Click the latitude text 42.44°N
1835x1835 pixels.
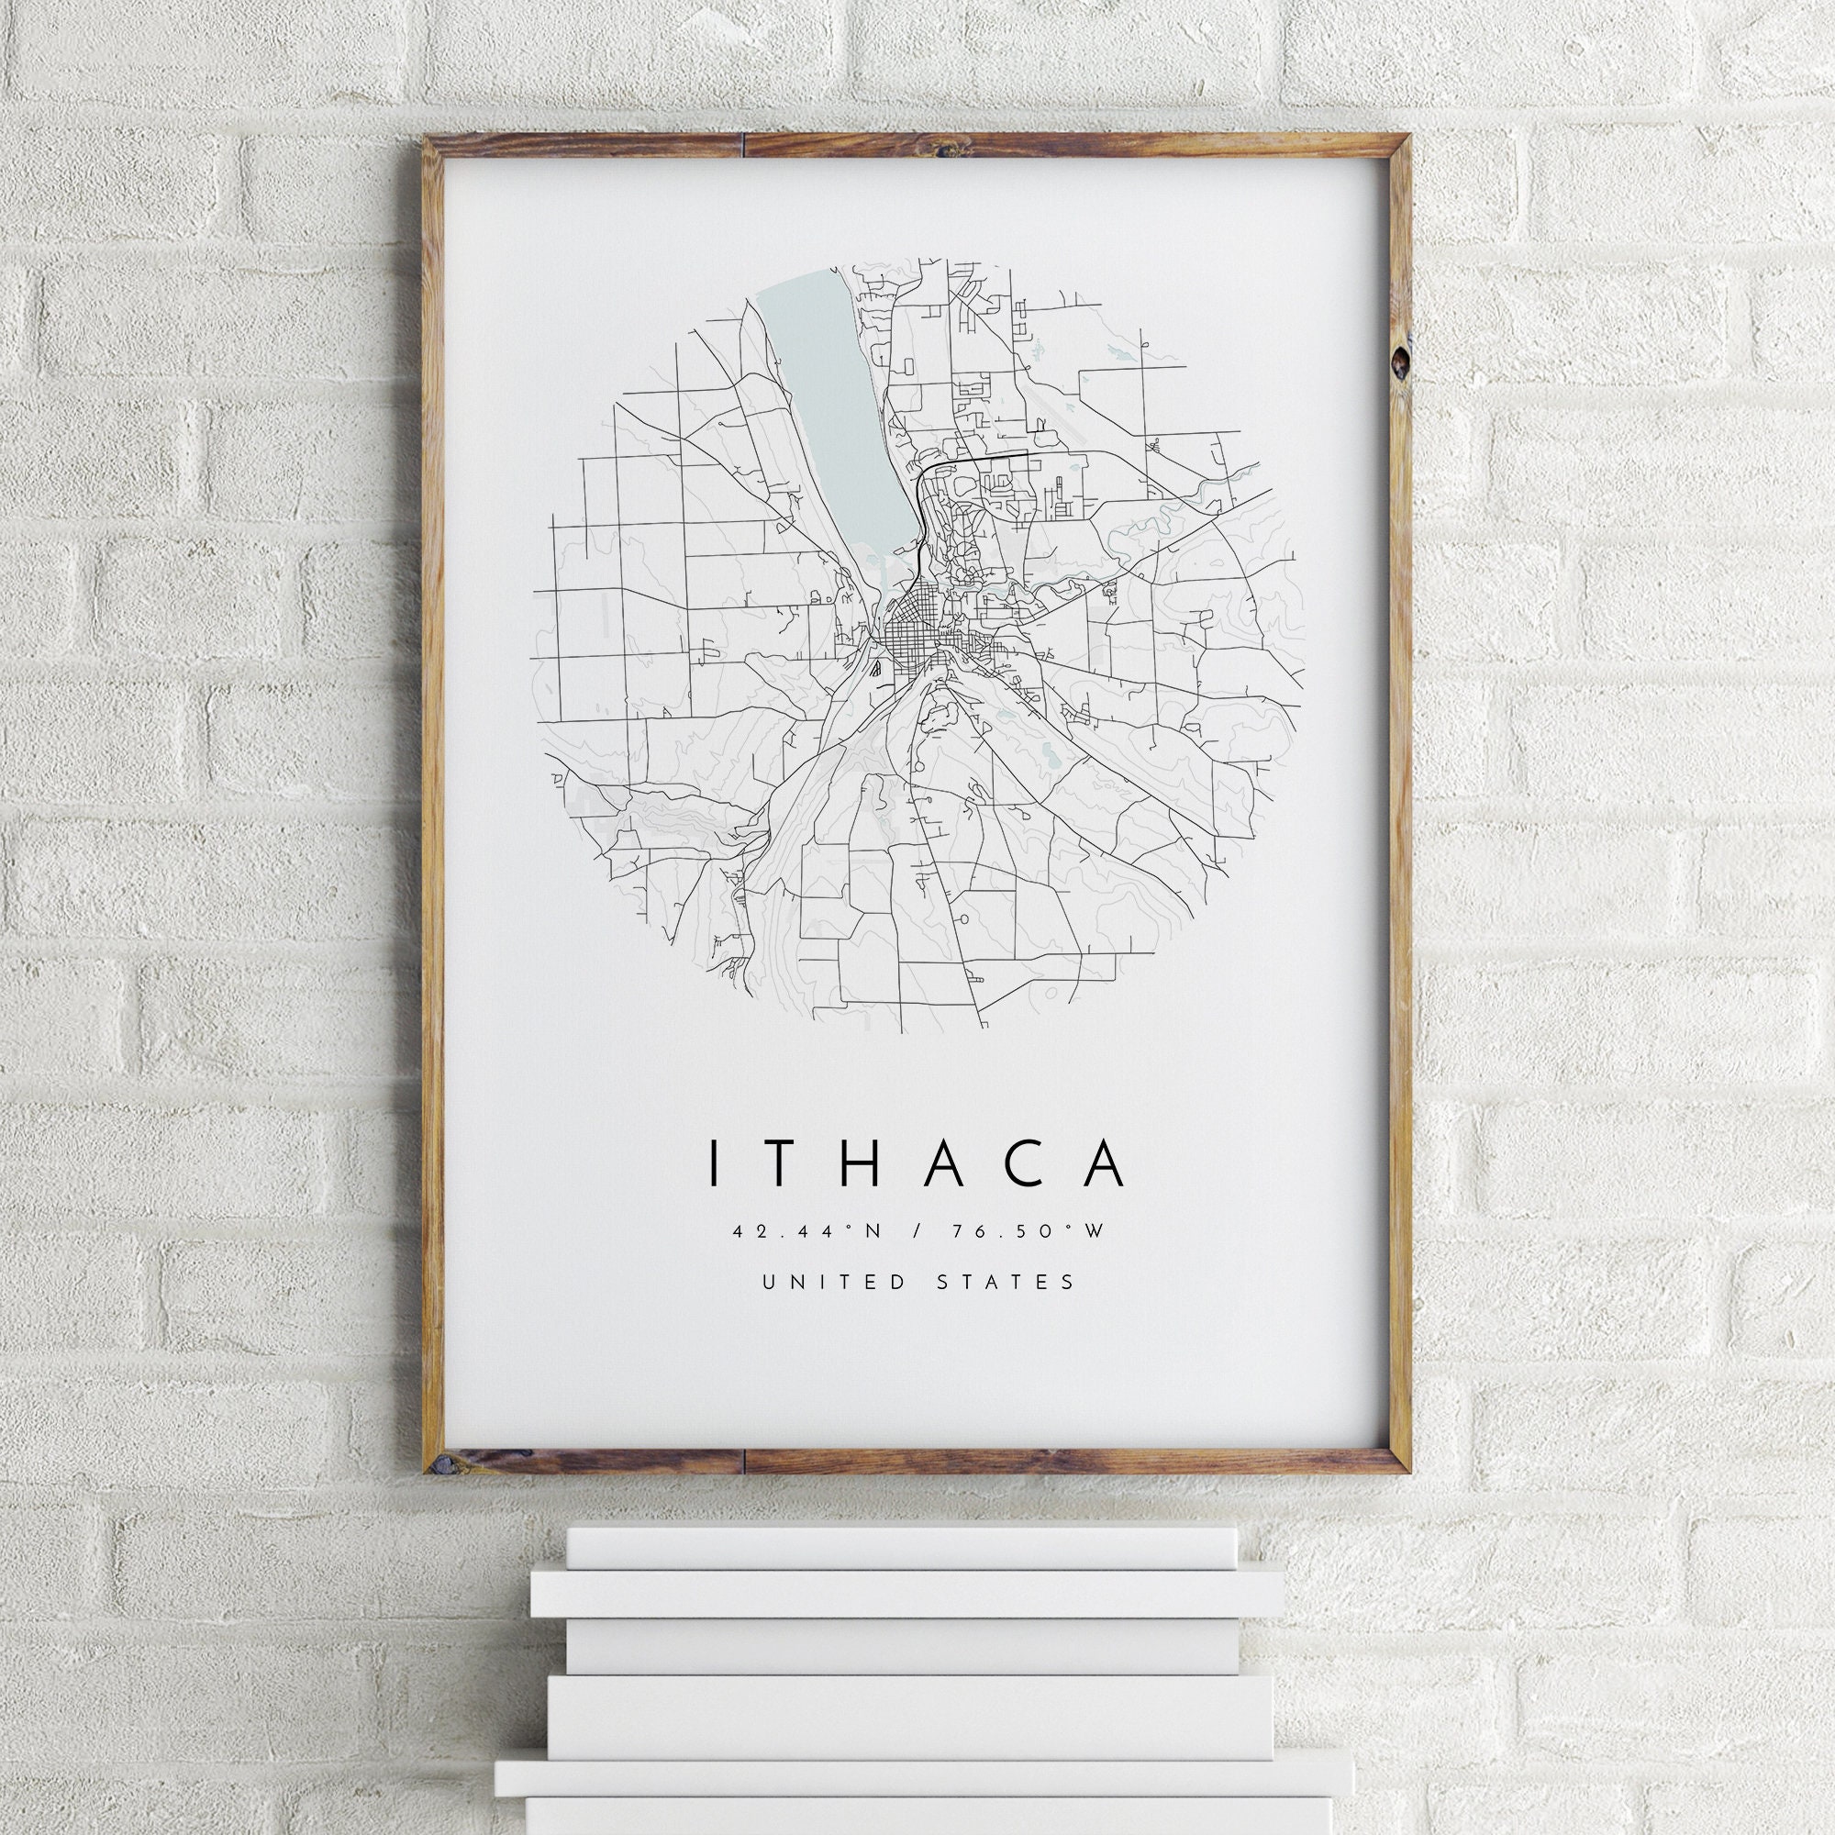point(807,1232)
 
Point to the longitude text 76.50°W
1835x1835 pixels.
point(1030,1232)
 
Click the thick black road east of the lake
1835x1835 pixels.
point(978,458)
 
